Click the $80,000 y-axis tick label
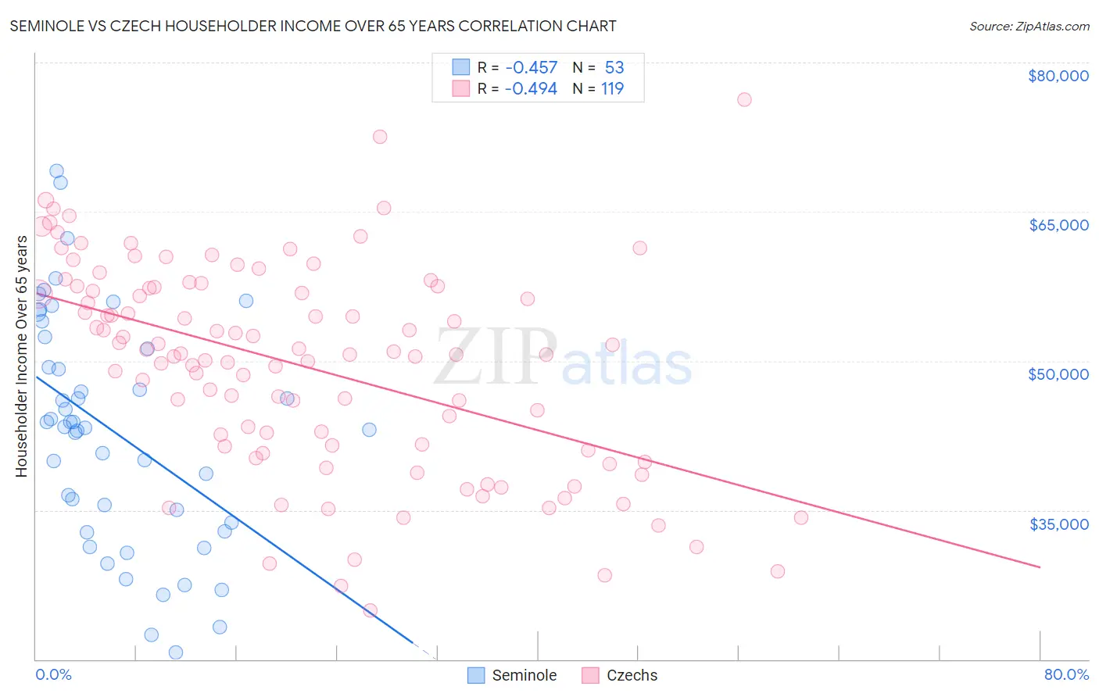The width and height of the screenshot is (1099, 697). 1058,76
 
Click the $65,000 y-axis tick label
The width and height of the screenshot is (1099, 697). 1058,225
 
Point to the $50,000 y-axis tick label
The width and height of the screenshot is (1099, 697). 1058,374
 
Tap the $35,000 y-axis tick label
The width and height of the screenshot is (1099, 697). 1058,524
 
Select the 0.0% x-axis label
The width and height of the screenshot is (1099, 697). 53,674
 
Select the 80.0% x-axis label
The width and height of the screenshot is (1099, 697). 1066,674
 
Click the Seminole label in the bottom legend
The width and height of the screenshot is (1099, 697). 524,675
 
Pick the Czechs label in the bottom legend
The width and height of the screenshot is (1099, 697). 632,675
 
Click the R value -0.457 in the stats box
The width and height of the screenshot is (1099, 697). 532,68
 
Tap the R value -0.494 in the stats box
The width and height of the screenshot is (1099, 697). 532,89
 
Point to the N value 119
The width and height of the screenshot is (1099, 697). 612,89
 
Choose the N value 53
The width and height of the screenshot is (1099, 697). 614,68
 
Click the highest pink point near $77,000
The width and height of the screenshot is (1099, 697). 744,99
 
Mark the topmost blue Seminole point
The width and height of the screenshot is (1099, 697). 56,171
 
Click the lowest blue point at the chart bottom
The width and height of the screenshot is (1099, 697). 176,652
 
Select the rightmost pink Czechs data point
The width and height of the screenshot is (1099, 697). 800,517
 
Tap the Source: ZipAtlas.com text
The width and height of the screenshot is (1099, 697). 1029,27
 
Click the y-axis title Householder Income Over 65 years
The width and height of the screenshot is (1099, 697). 22,356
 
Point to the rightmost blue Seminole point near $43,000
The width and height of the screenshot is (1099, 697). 369,430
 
